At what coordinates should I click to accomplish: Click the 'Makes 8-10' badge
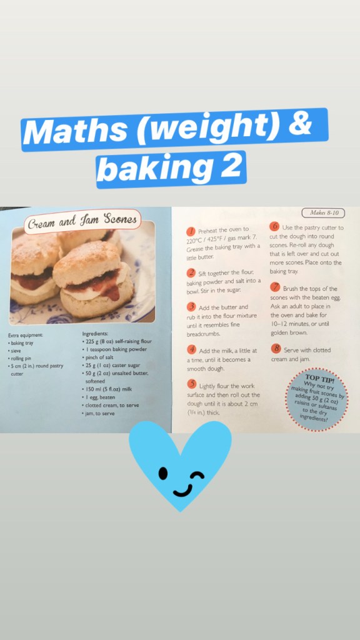323,212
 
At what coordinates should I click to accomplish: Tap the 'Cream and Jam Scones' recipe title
82,221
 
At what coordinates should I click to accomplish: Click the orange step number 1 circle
191,231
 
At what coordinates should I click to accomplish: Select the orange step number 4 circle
191,350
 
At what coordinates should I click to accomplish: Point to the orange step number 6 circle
275,226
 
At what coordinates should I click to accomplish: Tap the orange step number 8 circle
276,349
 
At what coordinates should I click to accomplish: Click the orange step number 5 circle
191,384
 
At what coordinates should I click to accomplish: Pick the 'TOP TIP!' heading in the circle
319,377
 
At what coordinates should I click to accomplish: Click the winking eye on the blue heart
197,476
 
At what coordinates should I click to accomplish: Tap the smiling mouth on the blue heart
182,490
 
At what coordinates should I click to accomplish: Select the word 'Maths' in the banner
75,130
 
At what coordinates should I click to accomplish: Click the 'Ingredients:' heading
95,334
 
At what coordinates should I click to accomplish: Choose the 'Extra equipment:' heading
25,336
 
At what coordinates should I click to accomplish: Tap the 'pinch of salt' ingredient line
97,357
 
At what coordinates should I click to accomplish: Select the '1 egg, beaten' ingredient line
99,397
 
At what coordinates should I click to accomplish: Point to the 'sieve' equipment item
14,351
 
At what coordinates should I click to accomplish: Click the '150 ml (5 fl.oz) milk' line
107,389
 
